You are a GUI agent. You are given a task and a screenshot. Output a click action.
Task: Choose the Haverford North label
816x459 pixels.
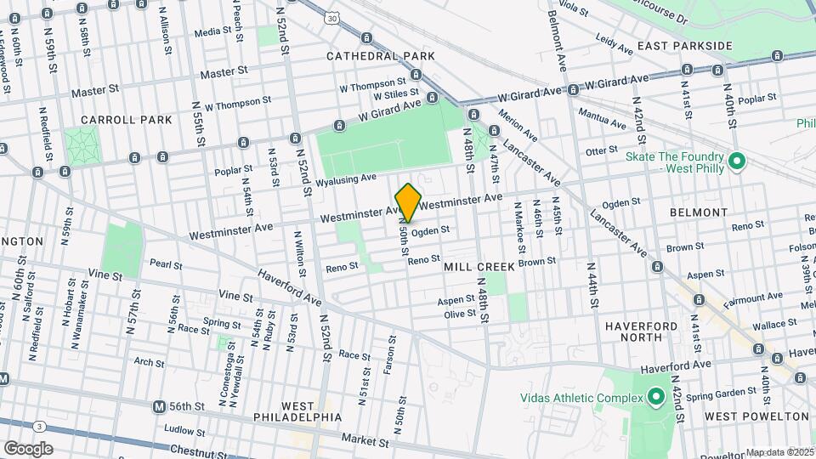[x=642, y=331]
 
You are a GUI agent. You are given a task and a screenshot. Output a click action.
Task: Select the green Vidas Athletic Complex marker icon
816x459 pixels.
[x=655, y=397]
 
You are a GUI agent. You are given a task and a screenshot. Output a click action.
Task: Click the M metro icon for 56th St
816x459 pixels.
[x=159, y=407]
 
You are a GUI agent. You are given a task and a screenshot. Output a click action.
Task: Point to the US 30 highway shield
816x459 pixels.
[x=331, y=16]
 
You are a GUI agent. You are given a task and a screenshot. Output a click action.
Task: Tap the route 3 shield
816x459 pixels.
[x=41, y=427]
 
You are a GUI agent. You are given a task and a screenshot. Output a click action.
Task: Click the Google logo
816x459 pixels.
[x=28, y=449]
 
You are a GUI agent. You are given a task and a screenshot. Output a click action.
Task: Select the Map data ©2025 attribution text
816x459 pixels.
[x=779, y=452]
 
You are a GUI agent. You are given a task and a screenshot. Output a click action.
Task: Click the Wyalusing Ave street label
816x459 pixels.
[x=346, y=180]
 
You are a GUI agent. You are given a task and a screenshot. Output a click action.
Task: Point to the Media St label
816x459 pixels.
[x=213, y=32]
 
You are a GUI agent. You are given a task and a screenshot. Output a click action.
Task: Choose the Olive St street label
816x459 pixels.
[x=460, y=314]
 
